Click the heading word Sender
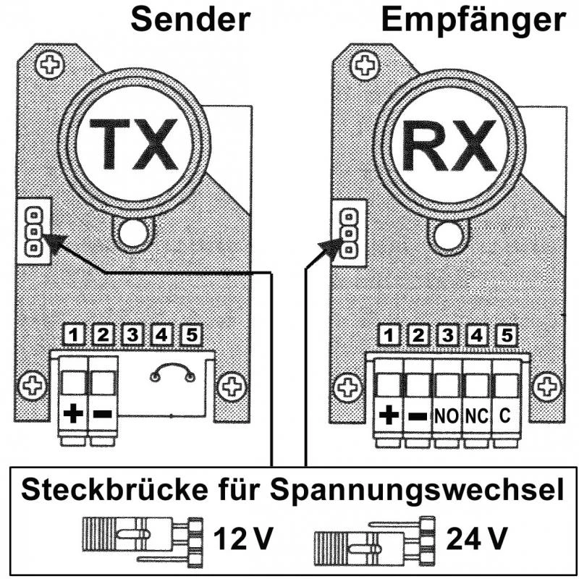pyautogui.click(x=190, y=20)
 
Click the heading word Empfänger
pyautogui.click(x=473, y=20)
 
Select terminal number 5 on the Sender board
pyautogui.click(x=191, y=334)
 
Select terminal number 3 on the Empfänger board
pyautogui.click(x=447, y=334)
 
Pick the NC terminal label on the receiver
pyautogui.click(x=476, y=416)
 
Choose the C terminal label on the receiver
pyautogui.click(x=505, y=416)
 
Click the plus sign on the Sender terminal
pyautogui.click(x=73, y=415)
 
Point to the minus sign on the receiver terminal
pyautogui.click(x=417, y=416)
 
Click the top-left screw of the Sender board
pyautogui.click(x=50, y=66)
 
